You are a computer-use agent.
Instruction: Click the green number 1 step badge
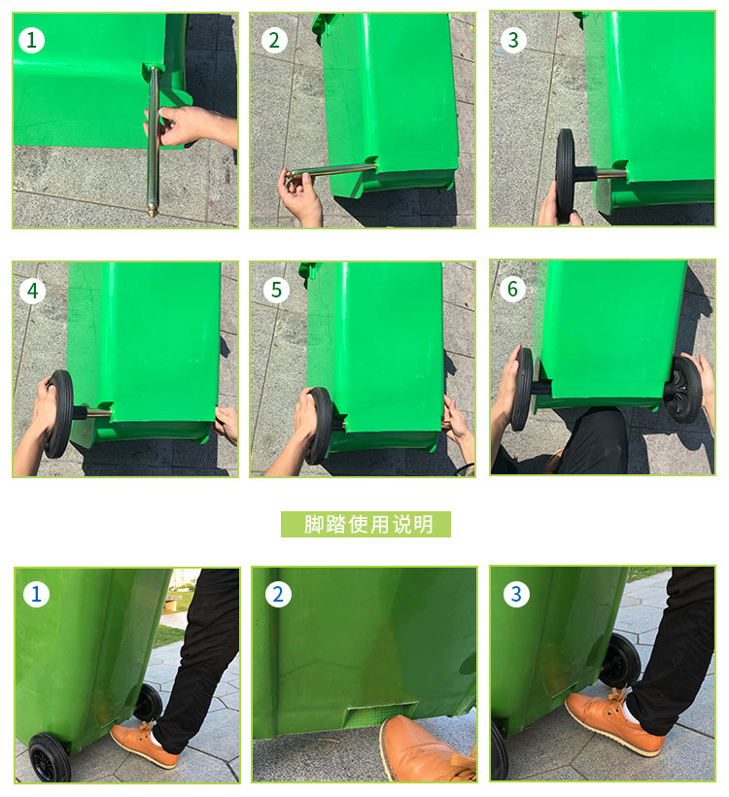(31, 40)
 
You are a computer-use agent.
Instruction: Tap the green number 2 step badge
(274, 40)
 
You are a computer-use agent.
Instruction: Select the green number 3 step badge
(513, 40)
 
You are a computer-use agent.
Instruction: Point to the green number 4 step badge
(32, 291)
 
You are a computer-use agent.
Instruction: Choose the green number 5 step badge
(277, 290)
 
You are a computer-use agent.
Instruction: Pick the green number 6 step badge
(512, 289)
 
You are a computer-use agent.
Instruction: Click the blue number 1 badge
(36, 594)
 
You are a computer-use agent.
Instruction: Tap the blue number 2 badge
(278, 594)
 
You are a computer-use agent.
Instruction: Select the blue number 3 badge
(516, 594)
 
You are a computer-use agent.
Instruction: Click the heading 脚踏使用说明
(366, 524)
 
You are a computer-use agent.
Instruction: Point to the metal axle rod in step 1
(154, 141)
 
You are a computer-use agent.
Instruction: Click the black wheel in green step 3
(565, 176)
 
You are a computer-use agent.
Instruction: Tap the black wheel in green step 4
(60, 414)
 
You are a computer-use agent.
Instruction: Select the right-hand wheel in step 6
(683, 390)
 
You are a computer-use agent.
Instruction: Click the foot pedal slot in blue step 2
(380, 713)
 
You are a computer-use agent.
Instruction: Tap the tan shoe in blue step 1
(145, 745)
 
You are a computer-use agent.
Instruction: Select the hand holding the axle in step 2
(300, 198)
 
